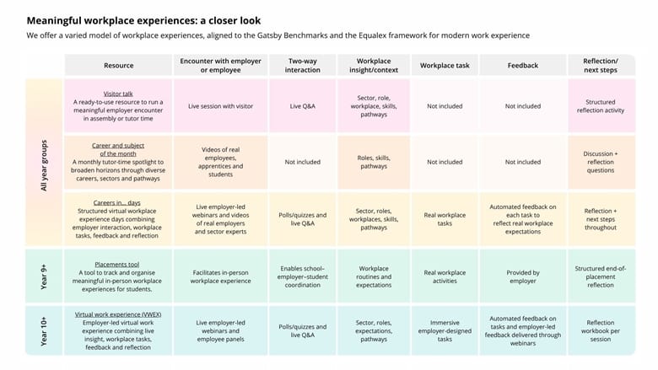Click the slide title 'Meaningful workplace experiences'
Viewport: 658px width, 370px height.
click(x=143, y=20)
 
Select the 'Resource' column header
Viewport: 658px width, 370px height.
click(x=118, y=65)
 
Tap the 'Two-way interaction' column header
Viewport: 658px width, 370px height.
click(x=302, y=65)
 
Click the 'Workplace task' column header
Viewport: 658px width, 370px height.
click(x=445, y=65)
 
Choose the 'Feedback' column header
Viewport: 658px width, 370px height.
click(x=523, y=65)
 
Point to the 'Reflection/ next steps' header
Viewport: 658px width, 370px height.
click(x=601, y=65)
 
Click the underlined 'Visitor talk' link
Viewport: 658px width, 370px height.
click(x=118, y=94)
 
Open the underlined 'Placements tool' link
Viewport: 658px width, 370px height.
click(x=118, y=264)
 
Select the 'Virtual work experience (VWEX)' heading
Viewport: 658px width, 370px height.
click(x=118, y=314)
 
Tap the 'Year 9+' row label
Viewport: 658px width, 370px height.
click(x=45, y=274)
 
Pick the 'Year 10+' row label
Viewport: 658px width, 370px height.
click(x=45, y=330)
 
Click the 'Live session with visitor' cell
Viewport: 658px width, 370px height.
click(x=220, y=106)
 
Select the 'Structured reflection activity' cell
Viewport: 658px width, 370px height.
click(x=601, y=106)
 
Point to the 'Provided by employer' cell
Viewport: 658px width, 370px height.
click(x=523, y=276)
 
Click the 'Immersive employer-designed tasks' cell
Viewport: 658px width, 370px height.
click(x=445, y=330)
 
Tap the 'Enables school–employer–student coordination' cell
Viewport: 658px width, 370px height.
click(x=302, y=276)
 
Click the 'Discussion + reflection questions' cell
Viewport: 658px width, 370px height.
click(x=601, y=162)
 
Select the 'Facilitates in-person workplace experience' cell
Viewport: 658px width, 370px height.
click(x=220, y=276)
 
